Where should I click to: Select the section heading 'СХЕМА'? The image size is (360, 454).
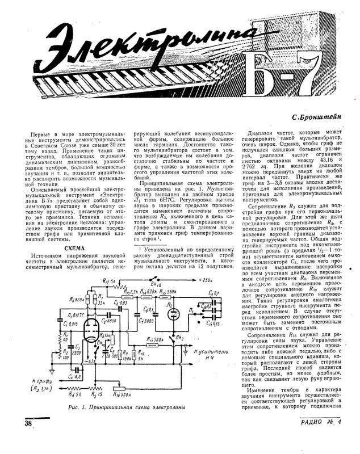point(74,248)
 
